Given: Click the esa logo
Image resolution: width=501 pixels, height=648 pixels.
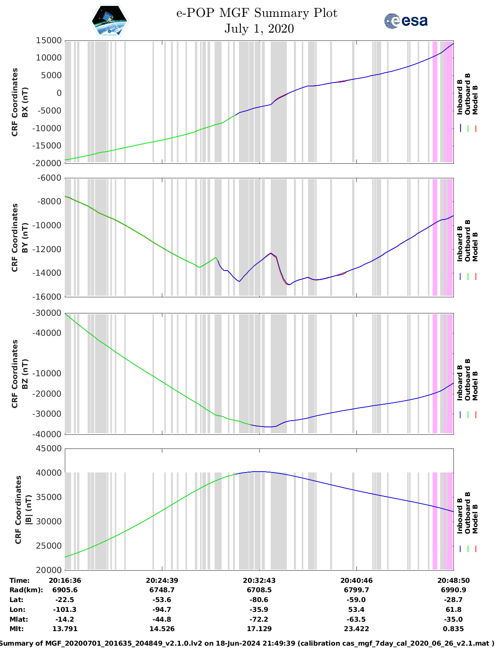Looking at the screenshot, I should tap(406, 21).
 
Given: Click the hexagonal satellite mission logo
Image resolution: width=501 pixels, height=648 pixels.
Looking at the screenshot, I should tap(109, 21).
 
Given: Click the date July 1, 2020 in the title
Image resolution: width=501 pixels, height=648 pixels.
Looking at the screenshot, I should tap(259, 29).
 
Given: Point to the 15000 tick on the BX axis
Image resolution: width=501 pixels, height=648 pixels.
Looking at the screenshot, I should tap(48, 40).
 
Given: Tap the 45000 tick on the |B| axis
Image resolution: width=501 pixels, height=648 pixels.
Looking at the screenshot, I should tap(48, 448).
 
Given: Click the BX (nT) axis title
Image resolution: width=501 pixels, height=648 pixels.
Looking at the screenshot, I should tap(25, 102).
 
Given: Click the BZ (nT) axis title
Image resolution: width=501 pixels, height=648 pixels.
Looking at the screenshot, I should tap(25, 374).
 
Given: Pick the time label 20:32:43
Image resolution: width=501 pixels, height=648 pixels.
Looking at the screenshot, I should tap(259, 580).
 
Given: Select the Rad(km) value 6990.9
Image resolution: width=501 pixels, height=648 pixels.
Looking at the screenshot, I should tap(453, 590).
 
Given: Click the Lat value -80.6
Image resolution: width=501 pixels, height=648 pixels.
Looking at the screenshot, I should tap(259, 600).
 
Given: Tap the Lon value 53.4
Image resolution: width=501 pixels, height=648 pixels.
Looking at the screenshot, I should tap(356, 610).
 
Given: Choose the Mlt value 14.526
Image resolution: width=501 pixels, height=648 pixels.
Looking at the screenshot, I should tap(162, 629).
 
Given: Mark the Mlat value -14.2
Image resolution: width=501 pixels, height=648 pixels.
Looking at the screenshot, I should tap(65, 619).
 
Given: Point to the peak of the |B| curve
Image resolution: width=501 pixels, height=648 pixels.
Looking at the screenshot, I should tap(259, 472).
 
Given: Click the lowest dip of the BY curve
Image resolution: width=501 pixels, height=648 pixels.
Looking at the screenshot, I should tap(288, 284).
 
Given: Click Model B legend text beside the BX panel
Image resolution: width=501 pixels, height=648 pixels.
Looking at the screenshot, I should tap(475, 100).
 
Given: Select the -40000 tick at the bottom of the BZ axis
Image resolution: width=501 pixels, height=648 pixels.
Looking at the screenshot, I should tap(48, 434).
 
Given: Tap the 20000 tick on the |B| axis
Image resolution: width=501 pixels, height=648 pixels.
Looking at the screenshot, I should tap(48, 570).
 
